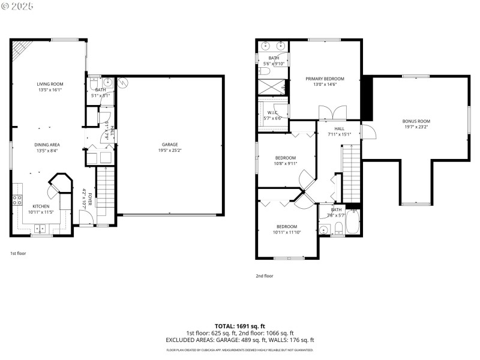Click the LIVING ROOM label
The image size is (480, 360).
tap(50, 84)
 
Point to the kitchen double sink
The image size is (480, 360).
tap(41, 227)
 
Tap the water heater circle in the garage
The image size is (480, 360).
tap(124, 83)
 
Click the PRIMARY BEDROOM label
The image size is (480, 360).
tap(325, 79)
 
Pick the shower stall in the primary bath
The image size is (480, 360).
tap(273, 86)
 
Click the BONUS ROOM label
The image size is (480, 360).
tap(416, 121)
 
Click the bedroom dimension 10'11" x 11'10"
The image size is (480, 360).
tap(286, 232)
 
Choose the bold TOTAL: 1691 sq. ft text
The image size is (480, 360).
tap(240, 326)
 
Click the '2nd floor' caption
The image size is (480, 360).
tap(264, 276)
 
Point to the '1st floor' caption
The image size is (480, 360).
tap(18, 253)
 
